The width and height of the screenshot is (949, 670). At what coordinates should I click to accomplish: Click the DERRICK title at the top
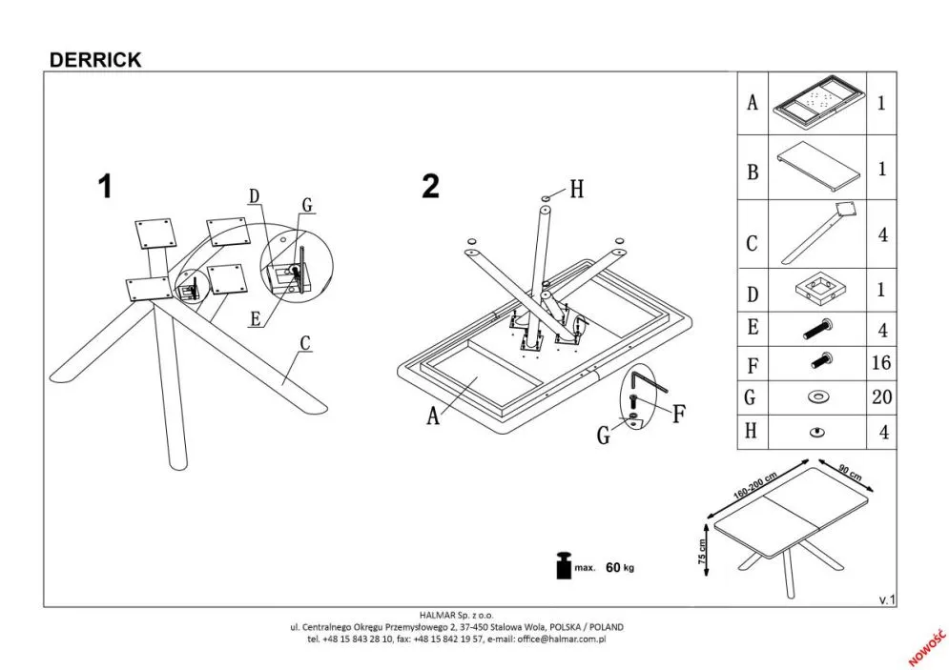coord(94,59)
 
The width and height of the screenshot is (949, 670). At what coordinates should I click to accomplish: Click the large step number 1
coord(105,186)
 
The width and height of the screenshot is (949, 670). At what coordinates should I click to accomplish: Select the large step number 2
coord(431,186)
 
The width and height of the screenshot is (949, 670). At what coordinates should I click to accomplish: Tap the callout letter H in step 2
coord(576,190)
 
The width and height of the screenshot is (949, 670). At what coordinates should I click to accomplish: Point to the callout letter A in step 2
coord(433,416)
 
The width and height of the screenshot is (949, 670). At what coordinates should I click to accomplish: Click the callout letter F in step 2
coord(677,415)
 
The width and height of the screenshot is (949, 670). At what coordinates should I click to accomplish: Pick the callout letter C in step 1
coord(305,342)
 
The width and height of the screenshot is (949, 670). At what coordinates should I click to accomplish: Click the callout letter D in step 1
coord(254,197)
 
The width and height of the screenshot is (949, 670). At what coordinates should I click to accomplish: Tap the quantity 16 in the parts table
coord(881,362)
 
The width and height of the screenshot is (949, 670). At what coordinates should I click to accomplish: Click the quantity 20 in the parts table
coord(881,396)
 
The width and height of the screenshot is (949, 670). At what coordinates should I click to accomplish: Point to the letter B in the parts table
coord(753,173)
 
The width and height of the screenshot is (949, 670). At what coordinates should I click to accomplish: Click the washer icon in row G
coord(816,396)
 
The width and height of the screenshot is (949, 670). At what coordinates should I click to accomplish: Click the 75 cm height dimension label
coord(704,551)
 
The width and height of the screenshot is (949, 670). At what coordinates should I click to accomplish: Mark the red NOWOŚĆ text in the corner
coord(924,645)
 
